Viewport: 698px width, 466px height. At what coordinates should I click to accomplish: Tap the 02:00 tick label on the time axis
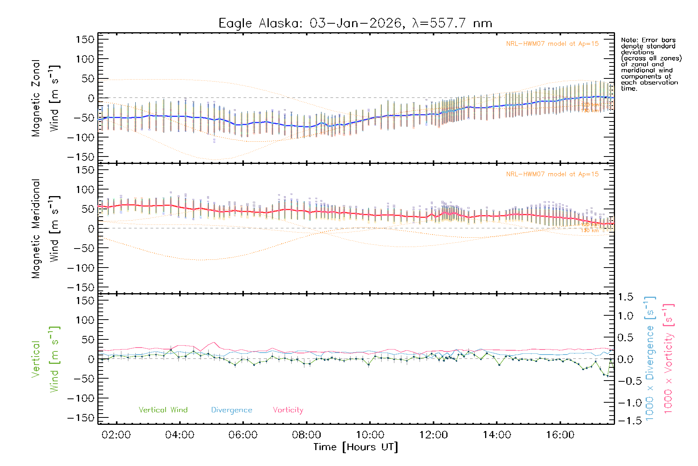116,435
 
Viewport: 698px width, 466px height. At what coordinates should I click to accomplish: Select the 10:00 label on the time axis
370,435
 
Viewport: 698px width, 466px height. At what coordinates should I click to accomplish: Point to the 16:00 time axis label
560,435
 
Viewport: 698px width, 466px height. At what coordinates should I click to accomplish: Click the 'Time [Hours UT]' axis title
356,447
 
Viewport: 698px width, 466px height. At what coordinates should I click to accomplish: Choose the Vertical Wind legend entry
163,410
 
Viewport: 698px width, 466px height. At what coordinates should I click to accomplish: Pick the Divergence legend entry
232,410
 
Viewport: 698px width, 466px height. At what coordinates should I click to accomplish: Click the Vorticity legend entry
288,410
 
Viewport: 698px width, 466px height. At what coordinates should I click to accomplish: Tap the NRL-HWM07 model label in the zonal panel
552,44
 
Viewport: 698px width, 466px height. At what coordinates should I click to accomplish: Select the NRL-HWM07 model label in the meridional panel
552,174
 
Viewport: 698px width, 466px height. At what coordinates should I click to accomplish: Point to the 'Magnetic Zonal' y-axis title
36,98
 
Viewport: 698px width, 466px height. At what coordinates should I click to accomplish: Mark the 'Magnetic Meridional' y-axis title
36,229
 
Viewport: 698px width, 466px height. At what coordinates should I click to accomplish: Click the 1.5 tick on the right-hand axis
625,297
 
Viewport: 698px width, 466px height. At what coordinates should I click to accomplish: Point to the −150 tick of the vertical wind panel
81,418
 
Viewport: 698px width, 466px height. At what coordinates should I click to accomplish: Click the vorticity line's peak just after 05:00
214,343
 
